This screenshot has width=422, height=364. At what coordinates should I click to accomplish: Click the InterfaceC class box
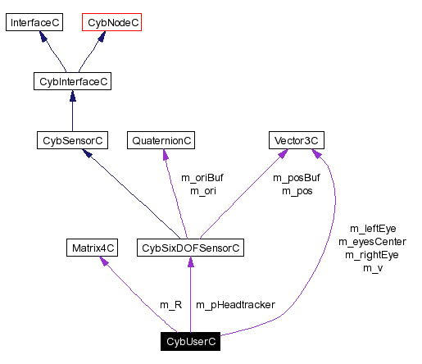[x=34, y=22]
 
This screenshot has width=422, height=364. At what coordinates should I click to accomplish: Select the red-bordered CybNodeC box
[x=112, y=22]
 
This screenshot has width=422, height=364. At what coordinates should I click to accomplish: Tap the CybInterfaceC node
[x=73, y=81]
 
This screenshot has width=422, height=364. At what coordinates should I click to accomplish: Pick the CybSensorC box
[x=72, y=141]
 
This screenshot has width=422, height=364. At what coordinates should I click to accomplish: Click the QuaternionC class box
[x=161, y=141]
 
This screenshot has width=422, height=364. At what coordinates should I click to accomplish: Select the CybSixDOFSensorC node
[x=190, y=247]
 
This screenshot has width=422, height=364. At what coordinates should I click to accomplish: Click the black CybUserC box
[x=190, y=341]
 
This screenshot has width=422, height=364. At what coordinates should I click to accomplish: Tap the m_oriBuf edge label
[x=202, y=178]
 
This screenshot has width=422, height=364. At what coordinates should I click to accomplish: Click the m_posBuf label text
[x=296, y=178]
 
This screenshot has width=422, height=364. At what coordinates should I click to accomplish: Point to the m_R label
[x=170, y=305]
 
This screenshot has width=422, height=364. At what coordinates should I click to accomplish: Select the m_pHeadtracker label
[x=235, y=305]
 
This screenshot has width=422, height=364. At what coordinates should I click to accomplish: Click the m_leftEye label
[x=373, y=229]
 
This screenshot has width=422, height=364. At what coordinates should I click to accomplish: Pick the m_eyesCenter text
[x=373, y=242]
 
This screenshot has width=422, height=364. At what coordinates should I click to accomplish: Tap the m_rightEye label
[x=373, y=255]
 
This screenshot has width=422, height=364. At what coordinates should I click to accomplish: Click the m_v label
[x=373, y=268]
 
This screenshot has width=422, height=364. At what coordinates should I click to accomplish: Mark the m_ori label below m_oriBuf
[x=202, y=191]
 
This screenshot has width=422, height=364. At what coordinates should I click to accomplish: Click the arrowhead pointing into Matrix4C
[x=103, y=261]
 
